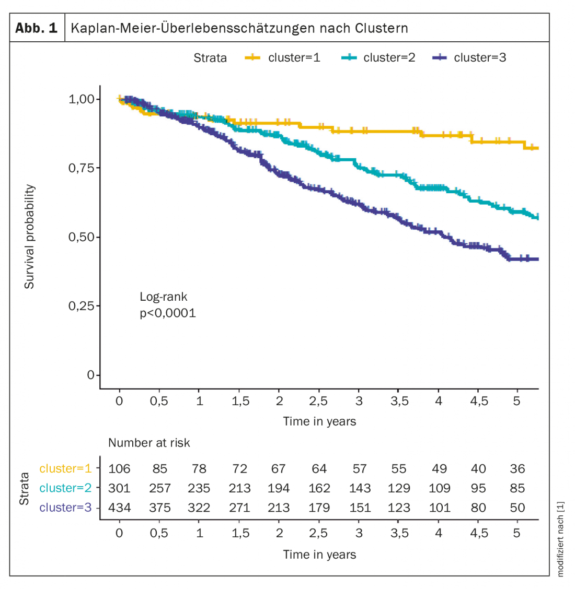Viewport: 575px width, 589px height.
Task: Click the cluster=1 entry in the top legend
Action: click(x=283, y=57)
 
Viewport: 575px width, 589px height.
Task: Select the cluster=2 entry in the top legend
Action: click(x=378, y=57)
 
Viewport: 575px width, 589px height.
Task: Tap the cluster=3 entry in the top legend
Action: click(x=469, y=57)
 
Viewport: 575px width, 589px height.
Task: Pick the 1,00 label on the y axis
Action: click(x=83, y=99)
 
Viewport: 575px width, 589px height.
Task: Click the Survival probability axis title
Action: click(x=29, y=237)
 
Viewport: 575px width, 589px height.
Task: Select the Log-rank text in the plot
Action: click(x=163, y=297)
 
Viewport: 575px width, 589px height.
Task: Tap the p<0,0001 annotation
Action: click(x=167, y=313)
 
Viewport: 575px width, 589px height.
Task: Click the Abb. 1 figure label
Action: click(x=36, y=28)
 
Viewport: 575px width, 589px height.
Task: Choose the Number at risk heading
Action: click(x=149, y=443)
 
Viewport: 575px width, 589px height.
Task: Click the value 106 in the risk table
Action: click(x=119, y=469)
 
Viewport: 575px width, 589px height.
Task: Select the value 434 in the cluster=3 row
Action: click(x=119, y=508)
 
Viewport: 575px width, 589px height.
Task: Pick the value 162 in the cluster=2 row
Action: click(x=319, y=488)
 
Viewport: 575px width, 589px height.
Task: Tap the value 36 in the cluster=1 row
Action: click(x=517, y=469)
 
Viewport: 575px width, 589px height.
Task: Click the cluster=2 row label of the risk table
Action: click(x=65, y=488)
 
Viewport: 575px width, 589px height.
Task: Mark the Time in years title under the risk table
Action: click(x=319, y=555)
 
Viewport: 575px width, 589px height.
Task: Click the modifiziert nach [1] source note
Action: click(x=560, y=539)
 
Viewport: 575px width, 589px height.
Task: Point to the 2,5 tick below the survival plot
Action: click(x=318, y=401)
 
